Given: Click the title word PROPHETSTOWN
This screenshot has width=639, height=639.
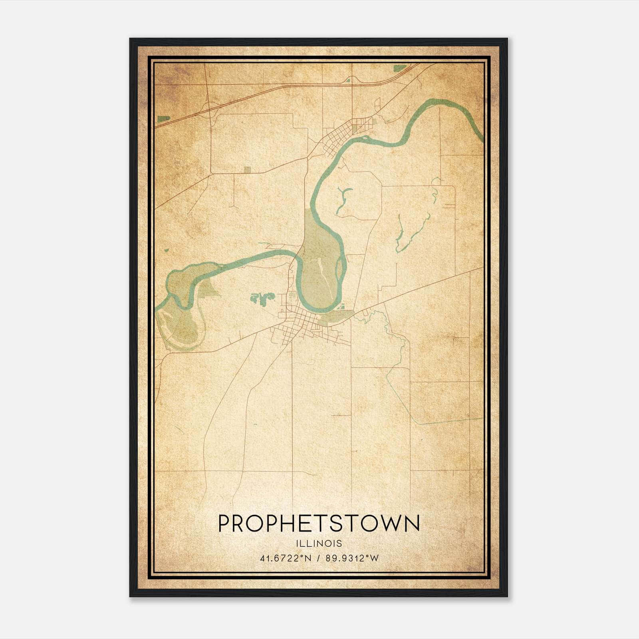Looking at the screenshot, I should pos(319,523).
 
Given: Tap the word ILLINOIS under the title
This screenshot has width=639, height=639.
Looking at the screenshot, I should pos(319,543).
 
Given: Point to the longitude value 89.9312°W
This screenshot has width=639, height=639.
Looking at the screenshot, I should pos(352,558).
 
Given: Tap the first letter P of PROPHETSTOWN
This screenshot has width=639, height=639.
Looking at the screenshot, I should pos(224,523).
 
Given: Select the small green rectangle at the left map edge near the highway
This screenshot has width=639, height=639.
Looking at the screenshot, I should pos(164,119).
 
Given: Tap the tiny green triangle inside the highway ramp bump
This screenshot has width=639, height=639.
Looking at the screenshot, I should pos(347,80).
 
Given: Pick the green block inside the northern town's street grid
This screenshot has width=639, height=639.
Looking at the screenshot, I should pos(355,129).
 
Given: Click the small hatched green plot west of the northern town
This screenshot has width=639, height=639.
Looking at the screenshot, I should pos(247,170).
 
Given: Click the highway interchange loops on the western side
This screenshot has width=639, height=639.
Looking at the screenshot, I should pos(209,108).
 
